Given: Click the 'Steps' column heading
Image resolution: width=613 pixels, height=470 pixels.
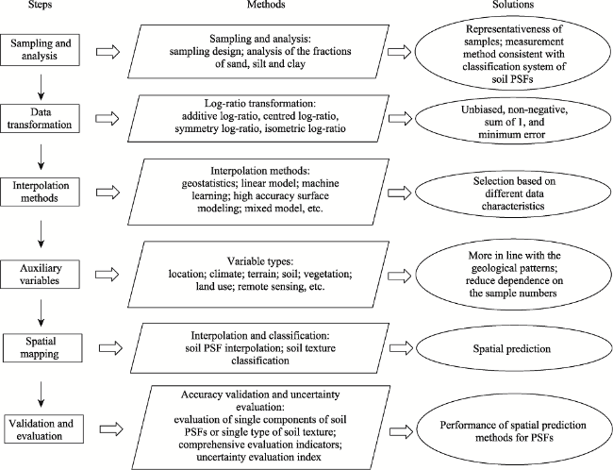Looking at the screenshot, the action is pos(41,5).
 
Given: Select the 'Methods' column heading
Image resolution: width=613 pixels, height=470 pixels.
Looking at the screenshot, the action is pos(266,5).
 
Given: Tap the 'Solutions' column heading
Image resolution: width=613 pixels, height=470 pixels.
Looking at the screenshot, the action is pos(513,5).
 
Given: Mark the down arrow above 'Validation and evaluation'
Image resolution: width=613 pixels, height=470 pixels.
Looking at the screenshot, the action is pos(41,394).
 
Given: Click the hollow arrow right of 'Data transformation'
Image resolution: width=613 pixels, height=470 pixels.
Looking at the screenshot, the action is pos(108,119).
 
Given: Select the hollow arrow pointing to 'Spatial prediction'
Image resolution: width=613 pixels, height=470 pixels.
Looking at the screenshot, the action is pos(402,348).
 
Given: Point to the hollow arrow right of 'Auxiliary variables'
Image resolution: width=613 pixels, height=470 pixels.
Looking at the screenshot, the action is pos(108,275).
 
